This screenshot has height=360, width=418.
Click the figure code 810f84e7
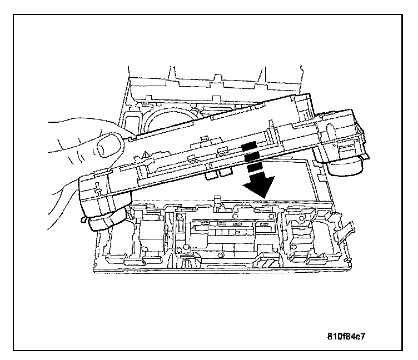tap(350, 337)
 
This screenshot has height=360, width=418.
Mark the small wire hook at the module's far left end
tap(86, 221)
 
